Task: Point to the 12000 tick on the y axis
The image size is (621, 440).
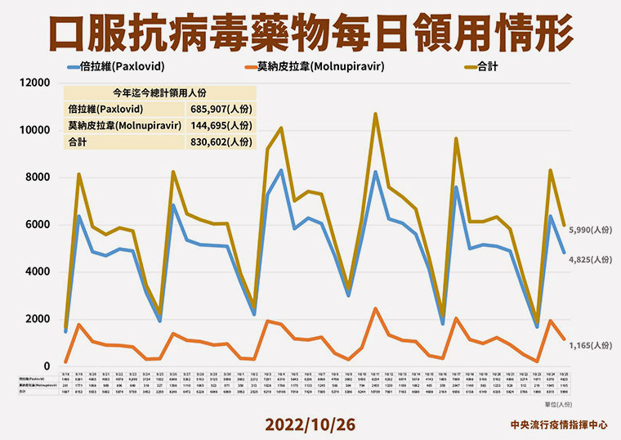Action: [37, 83]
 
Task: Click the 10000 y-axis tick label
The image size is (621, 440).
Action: [37, 131]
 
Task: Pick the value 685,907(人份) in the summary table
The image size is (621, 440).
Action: [223, 109]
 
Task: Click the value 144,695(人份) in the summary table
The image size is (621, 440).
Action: [223, 125]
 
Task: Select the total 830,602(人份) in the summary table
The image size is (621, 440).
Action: [223, 141]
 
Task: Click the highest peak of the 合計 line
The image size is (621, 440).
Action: [376, 114]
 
